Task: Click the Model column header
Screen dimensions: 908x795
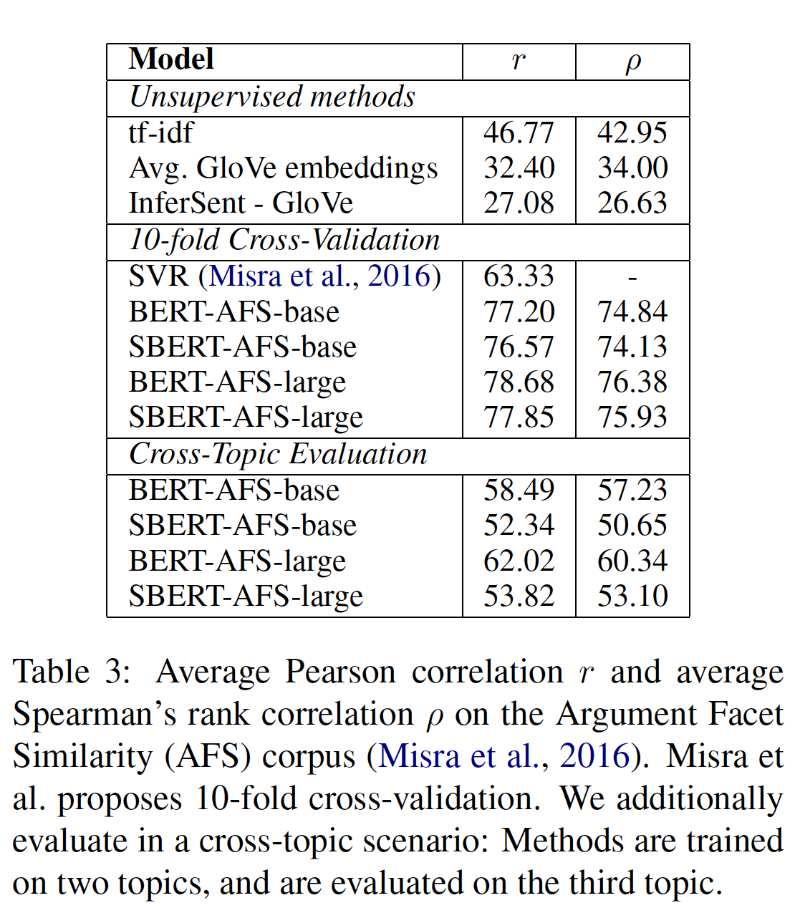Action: pyautogui.click(x=171, y=59)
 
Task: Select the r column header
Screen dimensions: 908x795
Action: pyautogui.click(x=519, y=61)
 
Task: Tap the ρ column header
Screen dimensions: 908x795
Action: pyautogui.click(x=632, y=62)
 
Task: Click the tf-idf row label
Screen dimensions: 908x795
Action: pyautogui.click(x=161, y=132)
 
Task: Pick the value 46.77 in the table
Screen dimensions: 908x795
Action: pyautogui.click(x=519, y=132)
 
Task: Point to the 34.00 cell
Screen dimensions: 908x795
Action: pyautogui.click(x=632, y=168)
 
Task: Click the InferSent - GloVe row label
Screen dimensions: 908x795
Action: pyautogui.click(x=241, y=203)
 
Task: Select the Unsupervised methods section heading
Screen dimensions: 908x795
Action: pyautogui.click(x=272, y=97)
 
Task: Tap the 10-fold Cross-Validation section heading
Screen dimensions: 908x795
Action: pyautogui.click(x=284, y=240)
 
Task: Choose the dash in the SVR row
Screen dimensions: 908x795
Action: pyautogui.click(x=632, y=277)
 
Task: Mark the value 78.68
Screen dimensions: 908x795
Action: pyautogui.click(x=519, y=382)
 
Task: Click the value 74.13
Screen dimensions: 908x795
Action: pyautogui.click(x=632, y=347)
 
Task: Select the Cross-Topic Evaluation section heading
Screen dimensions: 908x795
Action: pyautogui.click(x=278, y=454)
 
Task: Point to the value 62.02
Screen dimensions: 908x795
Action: pyautogui.click(x=519, y=560)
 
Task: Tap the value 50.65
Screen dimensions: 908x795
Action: pyautogui.click(x=632, y=525)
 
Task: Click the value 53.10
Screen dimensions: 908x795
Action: pyautogui.click(x=632, y=596)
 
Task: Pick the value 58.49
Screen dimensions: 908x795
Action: pyautogui.click(x=519, y=490)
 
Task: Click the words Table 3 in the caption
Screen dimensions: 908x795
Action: pyautogui.click(x=71, y=672)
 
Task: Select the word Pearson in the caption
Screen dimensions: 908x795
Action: pyautogui.click(x=340, y=672)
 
